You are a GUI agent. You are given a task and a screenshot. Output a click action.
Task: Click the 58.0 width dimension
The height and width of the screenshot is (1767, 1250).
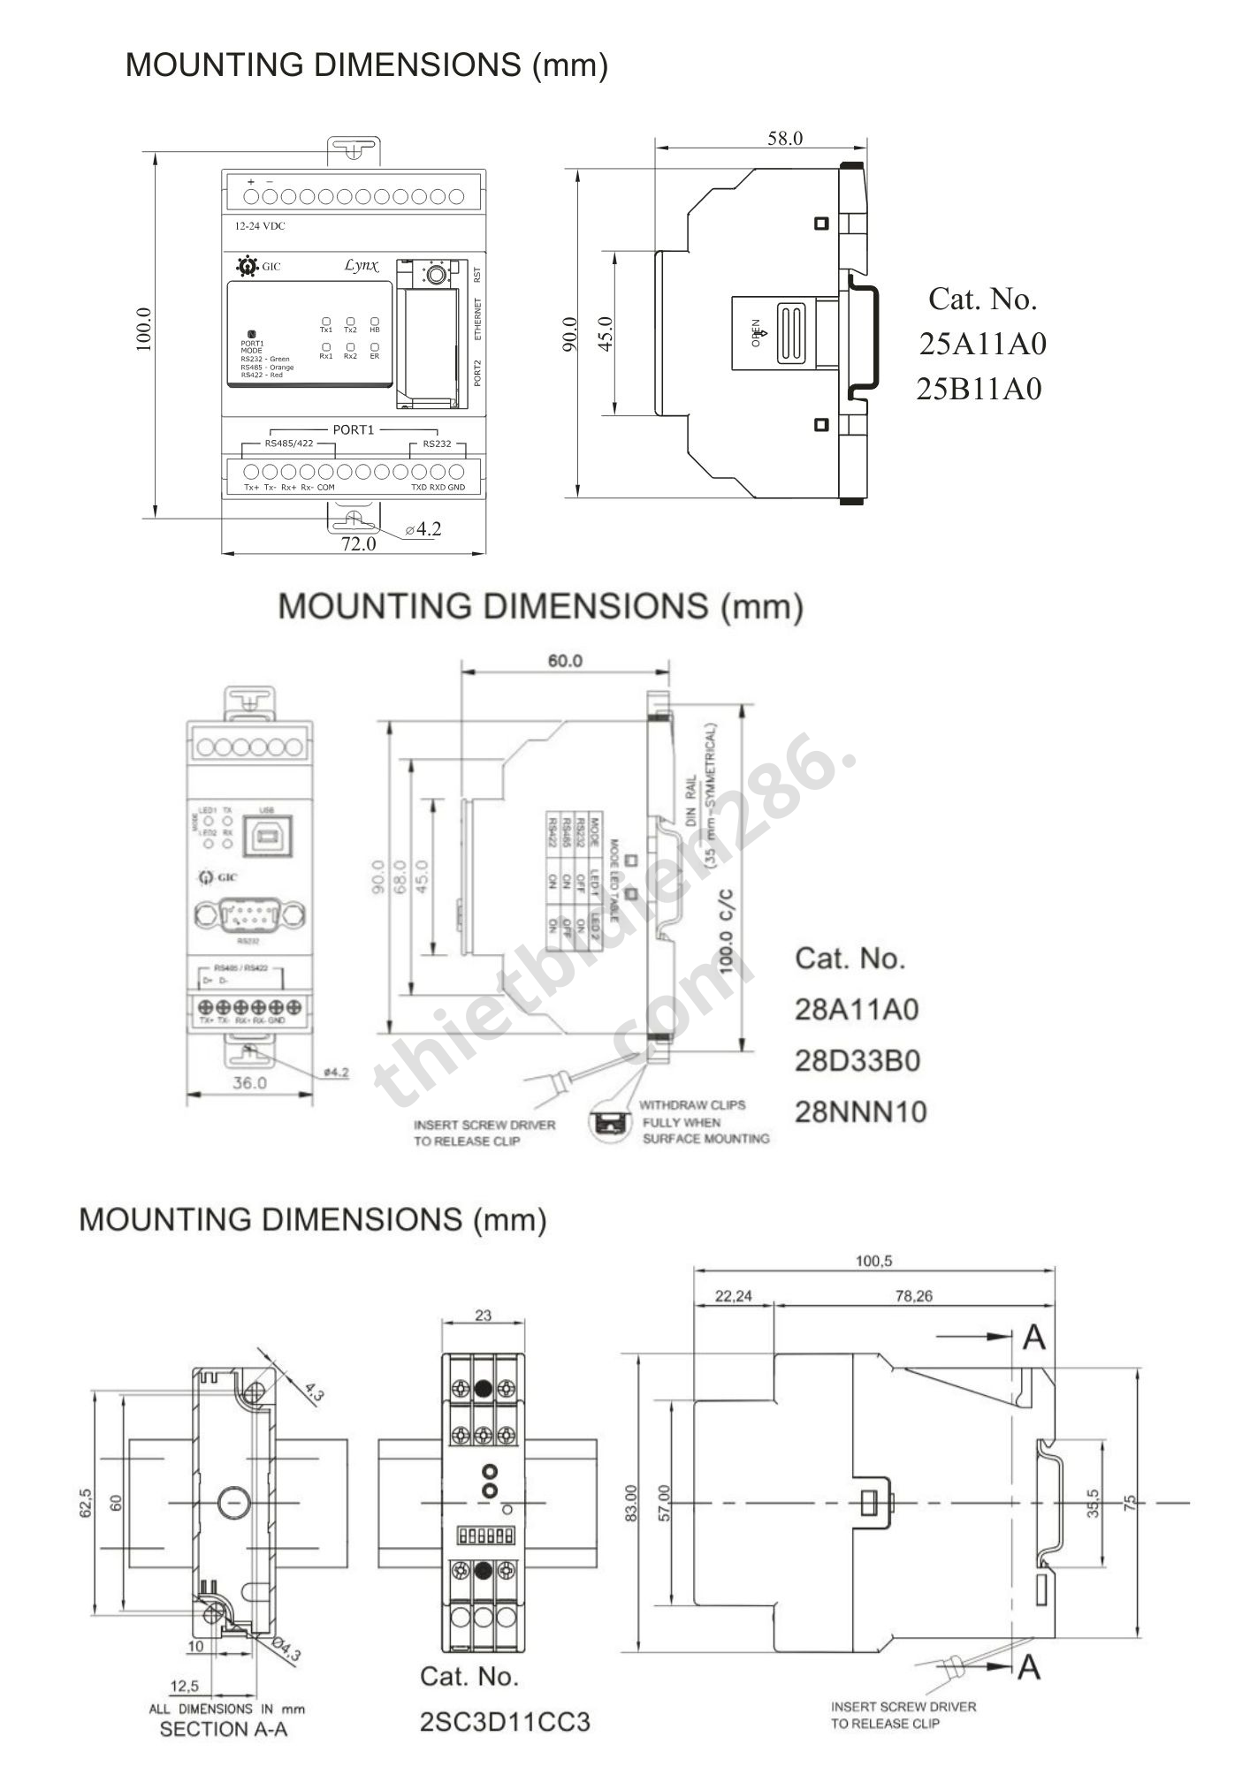point(784,138)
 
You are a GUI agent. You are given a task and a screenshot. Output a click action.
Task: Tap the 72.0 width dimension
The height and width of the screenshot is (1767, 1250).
point(359,544)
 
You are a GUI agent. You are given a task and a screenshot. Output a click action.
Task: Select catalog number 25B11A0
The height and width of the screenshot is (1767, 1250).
point(979,389)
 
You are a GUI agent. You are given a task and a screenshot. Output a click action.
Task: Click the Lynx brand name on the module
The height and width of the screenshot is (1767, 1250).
point(361,265)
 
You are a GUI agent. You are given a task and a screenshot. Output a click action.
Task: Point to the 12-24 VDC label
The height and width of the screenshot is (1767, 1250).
point(260,226)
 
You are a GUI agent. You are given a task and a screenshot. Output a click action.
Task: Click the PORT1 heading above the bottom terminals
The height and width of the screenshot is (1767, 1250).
point(353,429)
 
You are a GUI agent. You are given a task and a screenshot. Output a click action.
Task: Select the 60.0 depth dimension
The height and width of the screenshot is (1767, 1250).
point(565,661)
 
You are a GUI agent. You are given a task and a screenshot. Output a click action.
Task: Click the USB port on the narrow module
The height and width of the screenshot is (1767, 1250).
point(266,835)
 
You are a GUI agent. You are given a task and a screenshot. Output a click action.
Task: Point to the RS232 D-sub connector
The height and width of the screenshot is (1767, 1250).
point(250,914)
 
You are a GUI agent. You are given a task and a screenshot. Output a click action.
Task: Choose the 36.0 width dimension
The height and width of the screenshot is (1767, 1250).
point(249,1082)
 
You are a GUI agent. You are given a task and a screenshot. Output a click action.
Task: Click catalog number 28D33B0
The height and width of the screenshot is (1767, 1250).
point(857,1060)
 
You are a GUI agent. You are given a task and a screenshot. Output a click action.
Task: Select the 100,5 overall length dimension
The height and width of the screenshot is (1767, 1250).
point(873,1261)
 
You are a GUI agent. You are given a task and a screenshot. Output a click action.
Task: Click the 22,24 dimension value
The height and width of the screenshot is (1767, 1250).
point(734,1296)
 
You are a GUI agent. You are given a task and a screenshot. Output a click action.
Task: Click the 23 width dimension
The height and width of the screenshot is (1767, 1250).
point(483,1316)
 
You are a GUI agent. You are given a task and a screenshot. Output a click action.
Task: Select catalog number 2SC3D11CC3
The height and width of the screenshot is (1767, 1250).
point(504,1722)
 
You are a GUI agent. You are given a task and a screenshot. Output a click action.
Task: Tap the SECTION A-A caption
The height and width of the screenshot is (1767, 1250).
point(224,1729)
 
